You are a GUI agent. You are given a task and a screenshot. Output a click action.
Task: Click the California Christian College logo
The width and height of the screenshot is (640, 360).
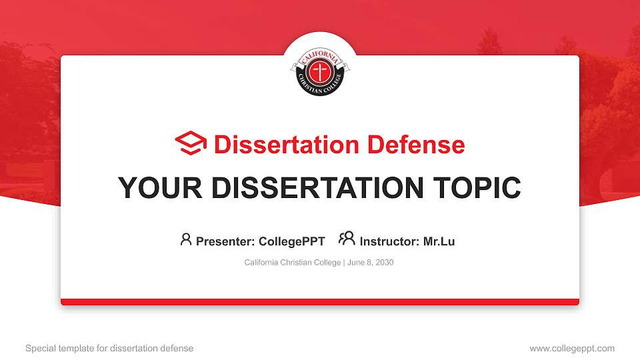tap(320, 71)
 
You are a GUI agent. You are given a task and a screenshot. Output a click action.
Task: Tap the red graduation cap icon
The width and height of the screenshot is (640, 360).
tap(191, 143)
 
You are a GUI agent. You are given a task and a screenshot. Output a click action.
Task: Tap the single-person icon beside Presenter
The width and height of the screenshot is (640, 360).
tap(186, 239)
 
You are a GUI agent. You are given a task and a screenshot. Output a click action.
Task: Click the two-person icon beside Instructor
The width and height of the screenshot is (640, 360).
tap(347, 239)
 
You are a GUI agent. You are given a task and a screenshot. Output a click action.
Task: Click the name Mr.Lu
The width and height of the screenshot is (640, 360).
tap(439, 241)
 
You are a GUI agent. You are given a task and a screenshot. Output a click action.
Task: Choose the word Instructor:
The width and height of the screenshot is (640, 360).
tap(390, 241)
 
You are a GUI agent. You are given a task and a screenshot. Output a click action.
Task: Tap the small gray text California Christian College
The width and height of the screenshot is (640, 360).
tap(293, 263)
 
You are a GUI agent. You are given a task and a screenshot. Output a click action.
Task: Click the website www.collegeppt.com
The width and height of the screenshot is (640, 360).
tap(572, 348)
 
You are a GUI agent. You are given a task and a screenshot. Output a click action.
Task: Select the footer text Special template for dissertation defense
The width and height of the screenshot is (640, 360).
tap(109, 348)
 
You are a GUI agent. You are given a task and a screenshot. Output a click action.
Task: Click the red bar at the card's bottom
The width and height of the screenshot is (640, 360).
tap(320, 302)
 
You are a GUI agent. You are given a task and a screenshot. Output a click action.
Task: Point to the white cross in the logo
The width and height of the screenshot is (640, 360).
tap(320, 71)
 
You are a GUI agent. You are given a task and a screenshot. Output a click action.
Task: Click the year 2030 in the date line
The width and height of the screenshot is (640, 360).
tap(385, 263)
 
